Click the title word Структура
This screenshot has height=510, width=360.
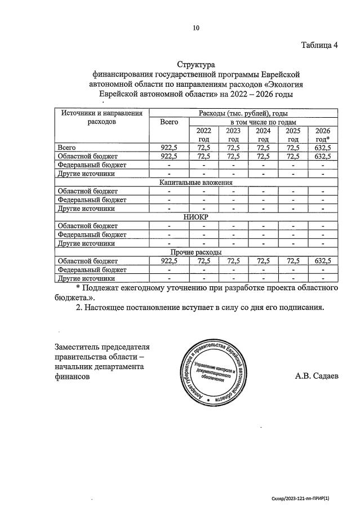coord(196,64)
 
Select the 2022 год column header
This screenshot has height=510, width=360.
coord(203,135)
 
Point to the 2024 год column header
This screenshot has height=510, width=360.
coord(263,135)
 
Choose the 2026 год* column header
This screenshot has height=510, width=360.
coord(323,135)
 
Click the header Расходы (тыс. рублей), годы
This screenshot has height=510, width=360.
coord(243,113)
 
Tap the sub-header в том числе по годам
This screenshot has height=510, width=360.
coord(263,122)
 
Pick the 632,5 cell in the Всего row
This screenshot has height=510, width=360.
coord(323,148)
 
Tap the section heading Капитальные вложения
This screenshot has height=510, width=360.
coord(196,183)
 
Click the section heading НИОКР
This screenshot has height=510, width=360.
coord(196,217)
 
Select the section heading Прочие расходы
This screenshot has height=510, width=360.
coord(196,252)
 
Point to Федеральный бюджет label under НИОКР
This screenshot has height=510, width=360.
coord(92,234)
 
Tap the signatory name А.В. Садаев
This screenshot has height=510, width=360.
coord(317,376)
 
